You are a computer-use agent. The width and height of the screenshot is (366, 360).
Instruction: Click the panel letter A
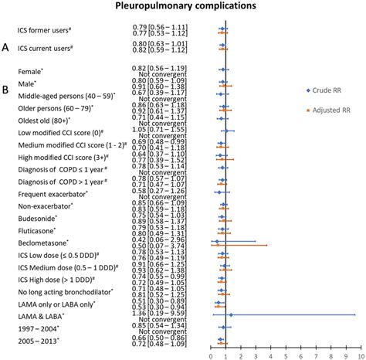point(6,48)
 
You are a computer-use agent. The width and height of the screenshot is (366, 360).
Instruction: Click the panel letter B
point(6,90)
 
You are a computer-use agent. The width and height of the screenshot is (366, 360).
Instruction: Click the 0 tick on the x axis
point(211,346)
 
